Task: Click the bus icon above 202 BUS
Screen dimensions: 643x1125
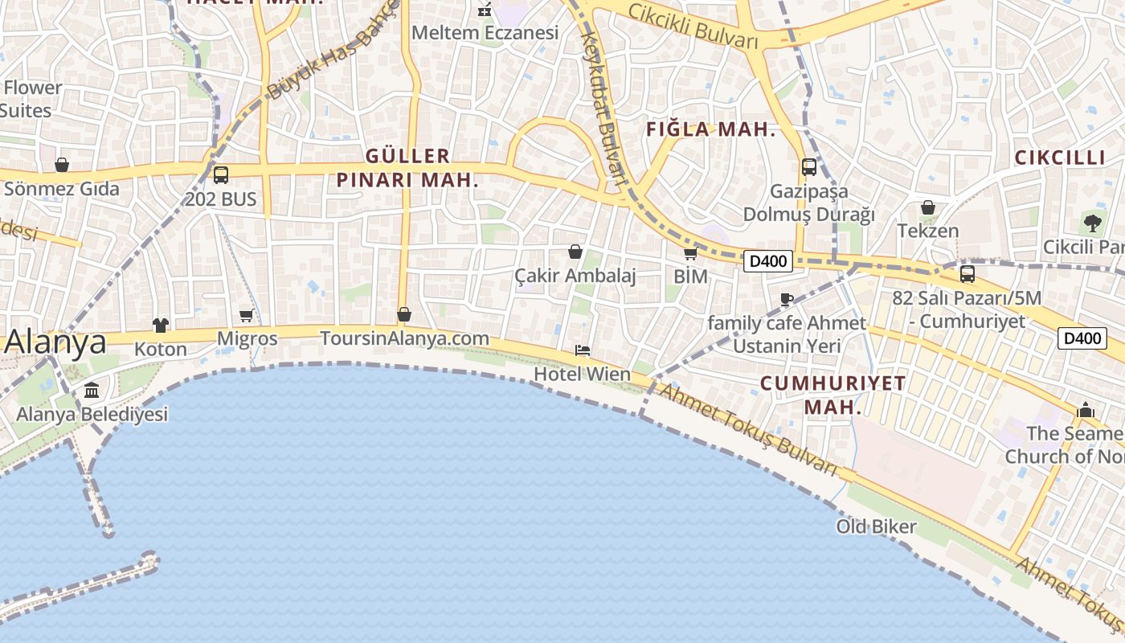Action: pyautogui.click(x=221, y=174)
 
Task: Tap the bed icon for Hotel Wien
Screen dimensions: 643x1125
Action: pyautogui.click(x=583, y=350)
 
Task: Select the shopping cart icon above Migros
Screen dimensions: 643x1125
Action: pyautogui.click(x=247, y=315)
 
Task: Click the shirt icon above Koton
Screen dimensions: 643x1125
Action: pyautogui.click(x=161, y=326)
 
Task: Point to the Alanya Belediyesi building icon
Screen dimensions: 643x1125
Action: pyautogui.click(x=92, y=391)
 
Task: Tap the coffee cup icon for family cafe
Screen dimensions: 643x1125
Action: pyautogui.click(x=787, y=300)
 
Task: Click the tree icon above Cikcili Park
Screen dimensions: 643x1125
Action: pyautogui.click(x=1091, y=223)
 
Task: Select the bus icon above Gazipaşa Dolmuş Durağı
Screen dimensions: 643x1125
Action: pyautogui.click(x=809, y=167)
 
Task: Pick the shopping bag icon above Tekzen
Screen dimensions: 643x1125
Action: pyautogui.click(x=928, y=207)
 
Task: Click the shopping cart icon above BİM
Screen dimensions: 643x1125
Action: pyautogui.click(x=690, y=254)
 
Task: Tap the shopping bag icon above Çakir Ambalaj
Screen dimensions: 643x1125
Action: pyautogui.click(x=575, y=252)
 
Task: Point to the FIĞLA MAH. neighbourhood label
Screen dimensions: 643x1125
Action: pyautogui.click(x=711, y=129)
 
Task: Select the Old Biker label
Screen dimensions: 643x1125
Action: pyautogui.click(x=876, y=527)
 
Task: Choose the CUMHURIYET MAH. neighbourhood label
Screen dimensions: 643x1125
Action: pyautogui.click(x=833, y=395)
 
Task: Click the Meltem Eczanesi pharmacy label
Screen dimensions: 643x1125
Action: pyautogui.click(x=485, y=33)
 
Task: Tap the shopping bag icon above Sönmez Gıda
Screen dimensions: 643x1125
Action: pyautogui.click(x=62, y=165)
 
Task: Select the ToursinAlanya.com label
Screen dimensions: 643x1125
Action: pyautogui.click(x=404, y=338)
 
